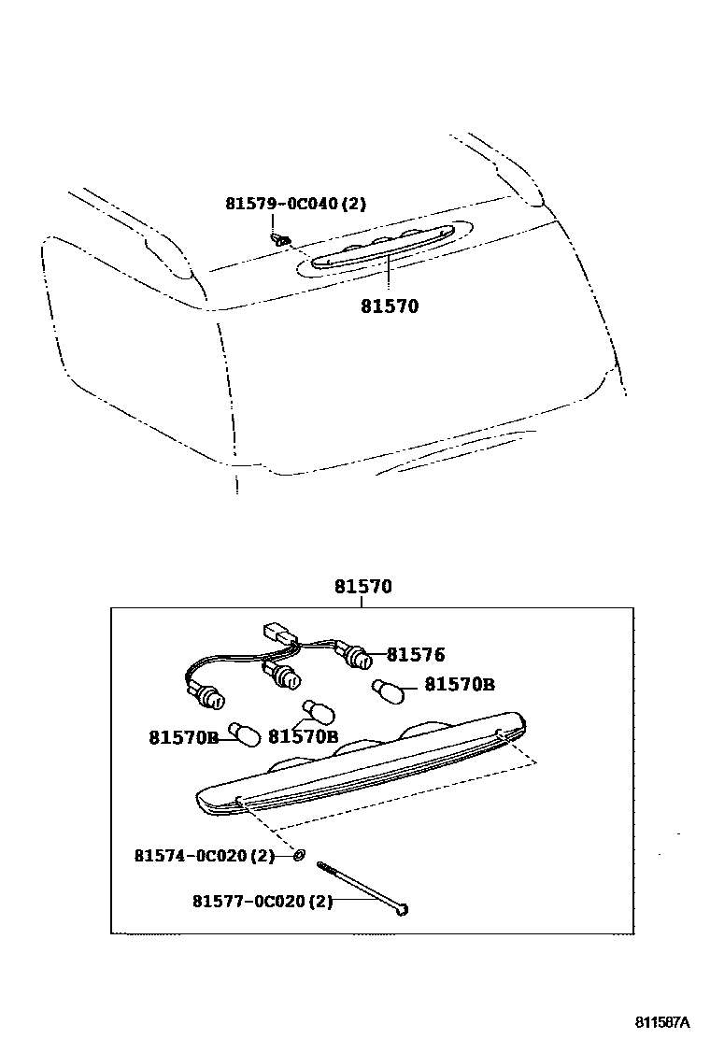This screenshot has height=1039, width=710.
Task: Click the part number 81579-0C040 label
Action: (295, 204)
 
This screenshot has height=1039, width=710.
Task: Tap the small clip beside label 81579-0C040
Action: (278, 238)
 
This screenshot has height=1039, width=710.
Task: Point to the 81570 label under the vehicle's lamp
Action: (390, 306)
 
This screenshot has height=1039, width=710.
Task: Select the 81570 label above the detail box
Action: (363, 587)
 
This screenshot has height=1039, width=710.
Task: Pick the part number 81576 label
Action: (416, 656)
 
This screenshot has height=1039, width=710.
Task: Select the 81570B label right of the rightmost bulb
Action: (460, 685)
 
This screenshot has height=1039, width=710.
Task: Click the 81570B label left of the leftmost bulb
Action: (183, 737)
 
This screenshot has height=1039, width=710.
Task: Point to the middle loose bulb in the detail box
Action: (319, 712)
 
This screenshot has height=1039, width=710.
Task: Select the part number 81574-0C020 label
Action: (205, 855)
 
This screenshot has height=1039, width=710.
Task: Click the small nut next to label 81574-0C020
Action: (299, 853)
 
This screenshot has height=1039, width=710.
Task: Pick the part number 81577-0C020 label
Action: (263, 902)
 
